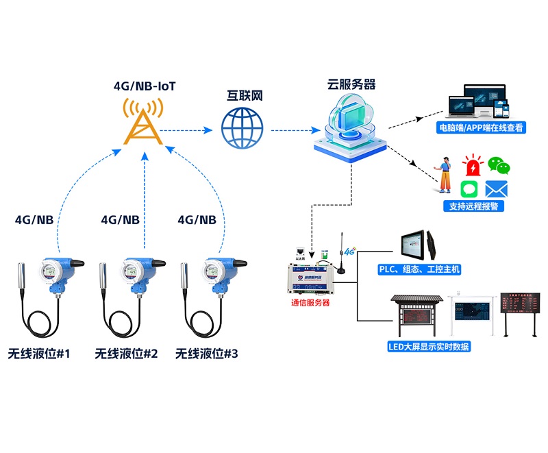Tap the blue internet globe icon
click(242, 129)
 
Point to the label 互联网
click(245, 95)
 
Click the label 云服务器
click(351, 85)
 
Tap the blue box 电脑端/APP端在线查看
click(482, 127)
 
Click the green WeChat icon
click(499, 165)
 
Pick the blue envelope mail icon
click(495, 189)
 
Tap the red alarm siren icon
click(473, 167)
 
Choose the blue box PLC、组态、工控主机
click(419, 269)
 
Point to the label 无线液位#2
click(126, 354)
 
